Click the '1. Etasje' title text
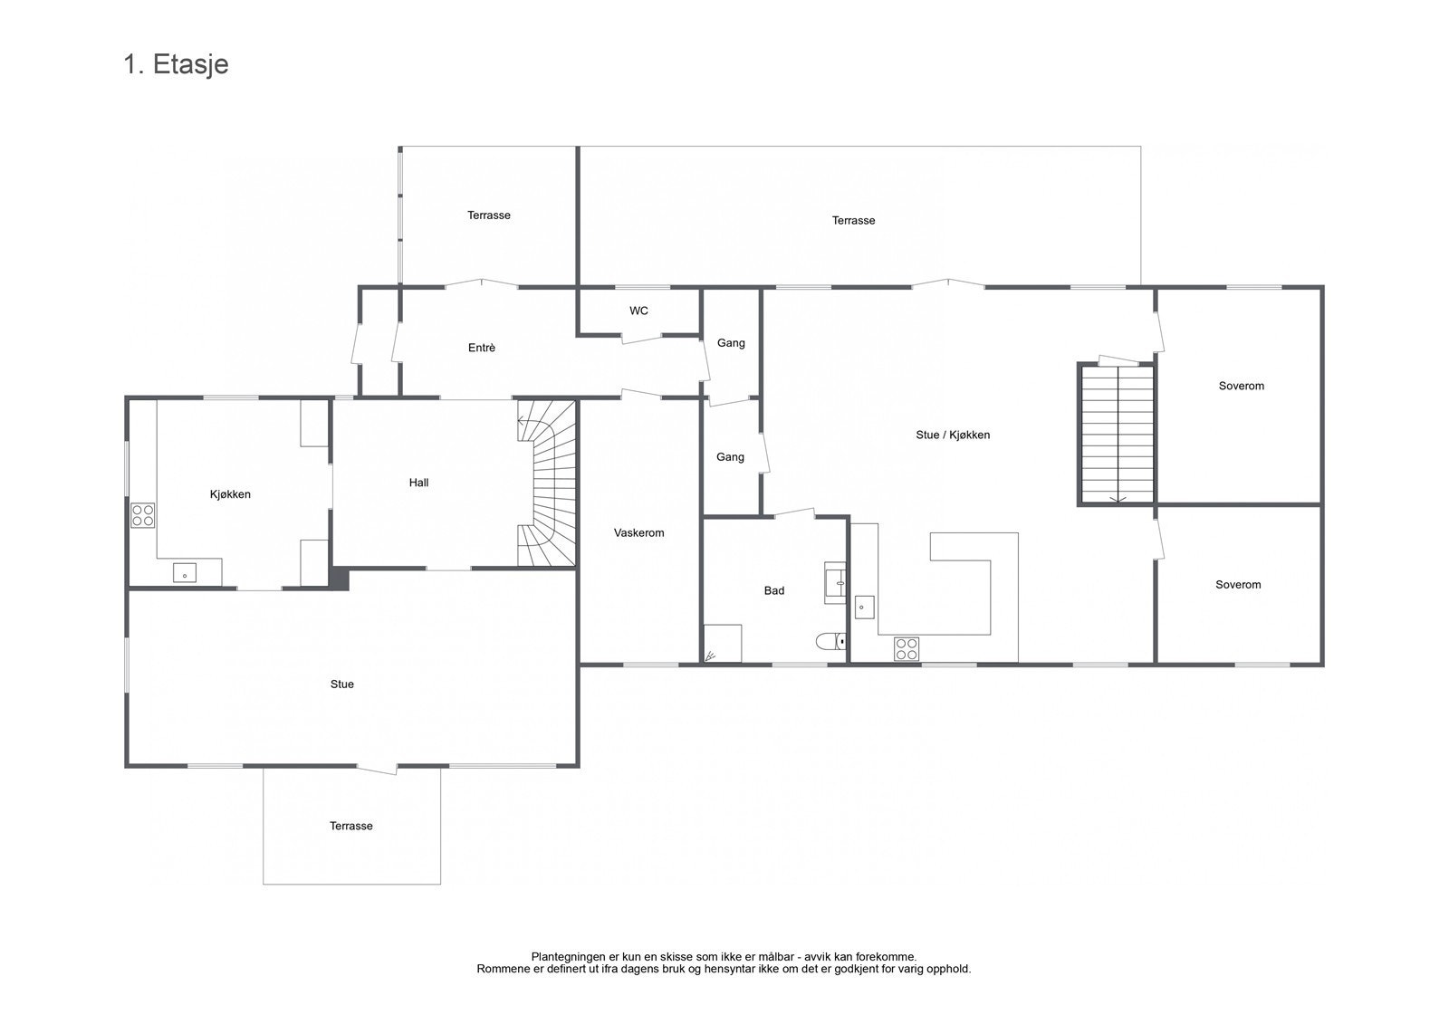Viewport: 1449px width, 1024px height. pos(176,64)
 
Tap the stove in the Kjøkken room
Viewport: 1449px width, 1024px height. pos(143,515)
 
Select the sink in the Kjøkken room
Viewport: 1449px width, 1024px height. pos(185,573)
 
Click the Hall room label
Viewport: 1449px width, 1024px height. pos(418,483)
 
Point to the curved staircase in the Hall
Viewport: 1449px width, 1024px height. pos(548,484)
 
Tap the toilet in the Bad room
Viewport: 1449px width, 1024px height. pos(830,642)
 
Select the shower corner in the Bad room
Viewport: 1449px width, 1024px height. pos(722,644)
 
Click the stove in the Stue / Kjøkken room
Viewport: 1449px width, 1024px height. pos(907,647)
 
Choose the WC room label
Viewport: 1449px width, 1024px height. pos(638,311)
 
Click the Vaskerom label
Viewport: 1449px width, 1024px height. pos(638,532)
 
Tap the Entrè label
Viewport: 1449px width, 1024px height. pos(481,348)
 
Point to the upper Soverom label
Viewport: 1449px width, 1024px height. pos(1241,386)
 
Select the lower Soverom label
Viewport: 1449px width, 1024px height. pos(1238,585)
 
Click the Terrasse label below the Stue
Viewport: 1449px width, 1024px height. pos(350,826)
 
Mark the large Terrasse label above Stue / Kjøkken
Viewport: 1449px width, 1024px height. pos(853,220)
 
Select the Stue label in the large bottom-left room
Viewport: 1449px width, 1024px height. pos(341,684)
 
